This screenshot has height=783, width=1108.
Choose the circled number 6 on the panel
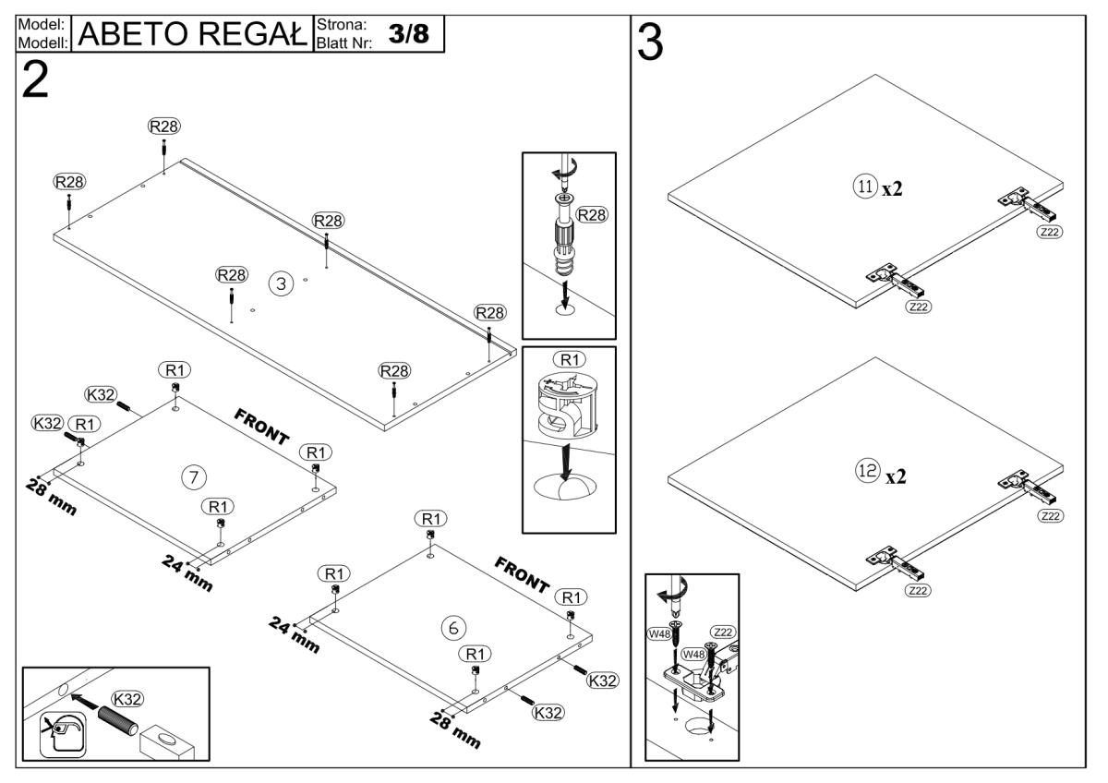(x=452, y=628)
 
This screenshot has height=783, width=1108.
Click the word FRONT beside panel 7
(x=263, y=426)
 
